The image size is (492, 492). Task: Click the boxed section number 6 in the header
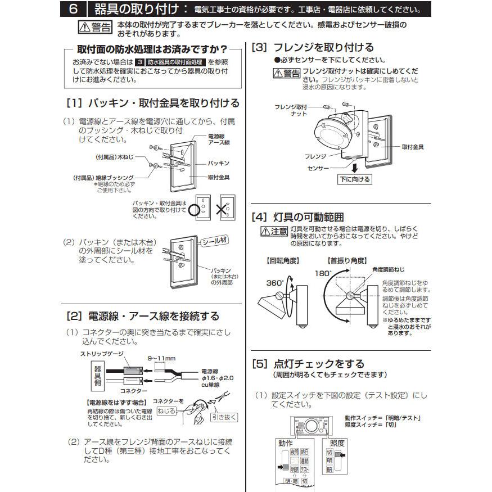coord(74,9)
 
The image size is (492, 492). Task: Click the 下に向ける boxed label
coord(355,179)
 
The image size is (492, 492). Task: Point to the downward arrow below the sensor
coord(354,167)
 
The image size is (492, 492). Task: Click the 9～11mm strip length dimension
coord(162,358)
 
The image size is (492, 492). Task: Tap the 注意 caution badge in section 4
coord(274,231)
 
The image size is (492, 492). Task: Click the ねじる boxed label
coord(166,411)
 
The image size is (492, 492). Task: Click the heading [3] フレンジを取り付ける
coord(312,48)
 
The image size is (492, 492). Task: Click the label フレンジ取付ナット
coord(291,110)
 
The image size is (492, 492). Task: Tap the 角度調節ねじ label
coord(388,269)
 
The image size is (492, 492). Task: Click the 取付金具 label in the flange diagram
coord(412,146)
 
